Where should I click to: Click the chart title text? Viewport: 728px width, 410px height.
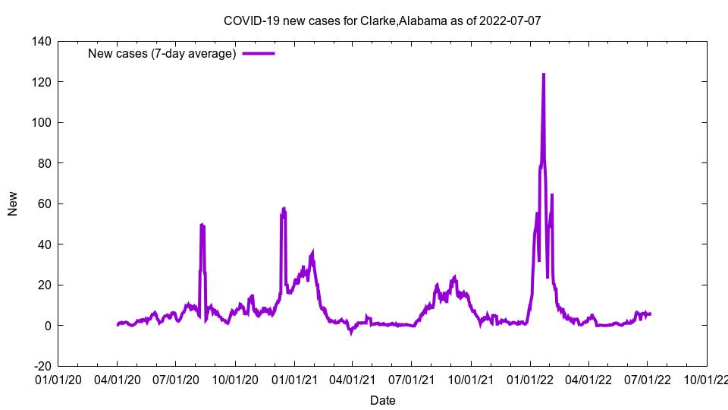pos(382,20)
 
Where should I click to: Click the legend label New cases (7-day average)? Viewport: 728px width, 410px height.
pos(162,53)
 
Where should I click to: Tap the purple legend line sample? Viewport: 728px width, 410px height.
pos(259,53)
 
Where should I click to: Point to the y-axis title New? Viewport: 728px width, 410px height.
pos(13,203)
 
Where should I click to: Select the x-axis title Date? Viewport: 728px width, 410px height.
pos(382,400)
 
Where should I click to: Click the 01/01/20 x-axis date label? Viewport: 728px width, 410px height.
pos(58,379)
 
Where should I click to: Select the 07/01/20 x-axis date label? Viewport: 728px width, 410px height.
pos(175,379)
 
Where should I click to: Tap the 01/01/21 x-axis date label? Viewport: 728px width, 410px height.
pos(294,379)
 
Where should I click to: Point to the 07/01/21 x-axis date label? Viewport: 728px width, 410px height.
pos(412,379)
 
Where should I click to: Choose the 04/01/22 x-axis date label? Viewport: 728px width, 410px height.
pos(588,379)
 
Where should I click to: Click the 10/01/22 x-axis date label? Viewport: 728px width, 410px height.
pos(707,379)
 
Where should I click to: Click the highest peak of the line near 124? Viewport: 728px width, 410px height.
pos(544,74)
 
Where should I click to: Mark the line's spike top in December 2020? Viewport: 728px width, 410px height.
pos(284,208)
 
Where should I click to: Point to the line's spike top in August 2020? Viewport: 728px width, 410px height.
pos(202,225)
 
